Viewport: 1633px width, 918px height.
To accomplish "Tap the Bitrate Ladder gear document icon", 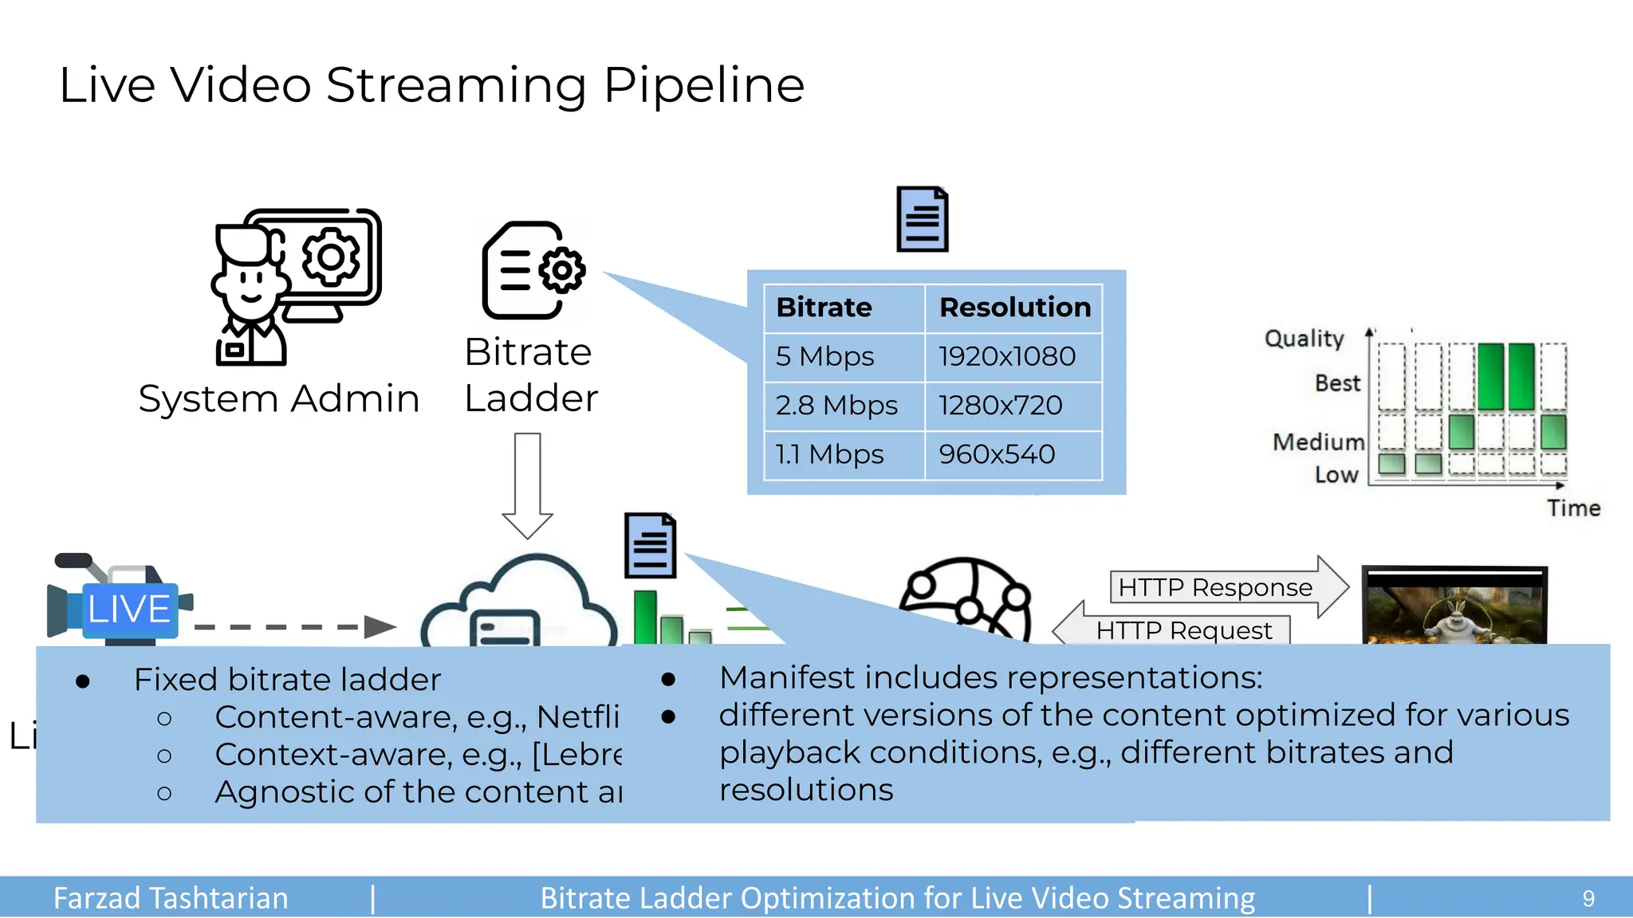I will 533,271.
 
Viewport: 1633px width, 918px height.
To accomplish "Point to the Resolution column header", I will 1014,308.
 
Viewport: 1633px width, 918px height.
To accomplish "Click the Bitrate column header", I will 824,308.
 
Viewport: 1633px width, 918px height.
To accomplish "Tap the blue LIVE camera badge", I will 129,609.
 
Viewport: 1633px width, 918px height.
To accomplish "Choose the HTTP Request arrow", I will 1172,630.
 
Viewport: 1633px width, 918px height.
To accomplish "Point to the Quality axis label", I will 1304,339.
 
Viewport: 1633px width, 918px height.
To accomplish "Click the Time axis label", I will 1573,508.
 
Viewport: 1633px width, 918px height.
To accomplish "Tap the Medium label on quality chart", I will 1318,441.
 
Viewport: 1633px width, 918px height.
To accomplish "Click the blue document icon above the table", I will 923,220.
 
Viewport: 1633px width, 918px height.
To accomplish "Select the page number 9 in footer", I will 1588,898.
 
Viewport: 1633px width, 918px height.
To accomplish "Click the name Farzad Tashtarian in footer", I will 171,898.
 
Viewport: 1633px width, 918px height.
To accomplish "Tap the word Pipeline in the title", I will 703,86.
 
